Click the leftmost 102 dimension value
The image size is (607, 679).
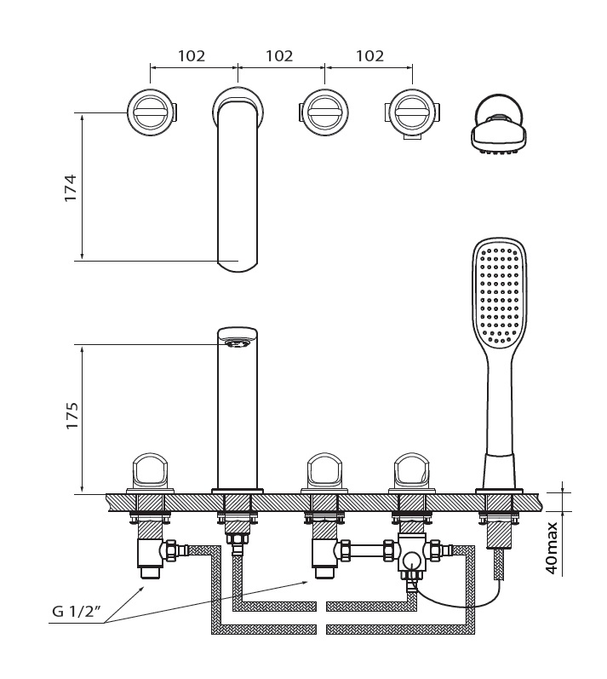[x=192, y=55]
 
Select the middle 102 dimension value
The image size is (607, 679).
[x=279, y=55]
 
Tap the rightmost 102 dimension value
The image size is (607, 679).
[x=369, y=55]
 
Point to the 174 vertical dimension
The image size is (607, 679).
[x=70, y=187]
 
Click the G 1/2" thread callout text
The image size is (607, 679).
[x=77, y=612]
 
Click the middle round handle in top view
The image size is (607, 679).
[x=324, y=112]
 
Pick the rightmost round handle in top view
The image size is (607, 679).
[x=412, y=112]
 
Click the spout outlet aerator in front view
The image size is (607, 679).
[x=238, y=343]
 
